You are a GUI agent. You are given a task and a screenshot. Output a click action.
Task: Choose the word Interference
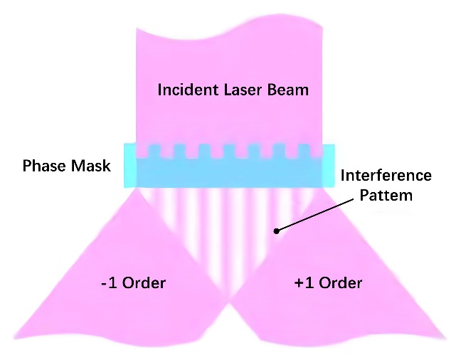coord(386,176)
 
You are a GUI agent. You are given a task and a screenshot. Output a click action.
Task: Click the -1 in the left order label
coord(112,283)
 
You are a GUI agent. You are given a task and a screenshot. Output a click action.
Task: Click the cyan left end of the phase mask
coord(129,166)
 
